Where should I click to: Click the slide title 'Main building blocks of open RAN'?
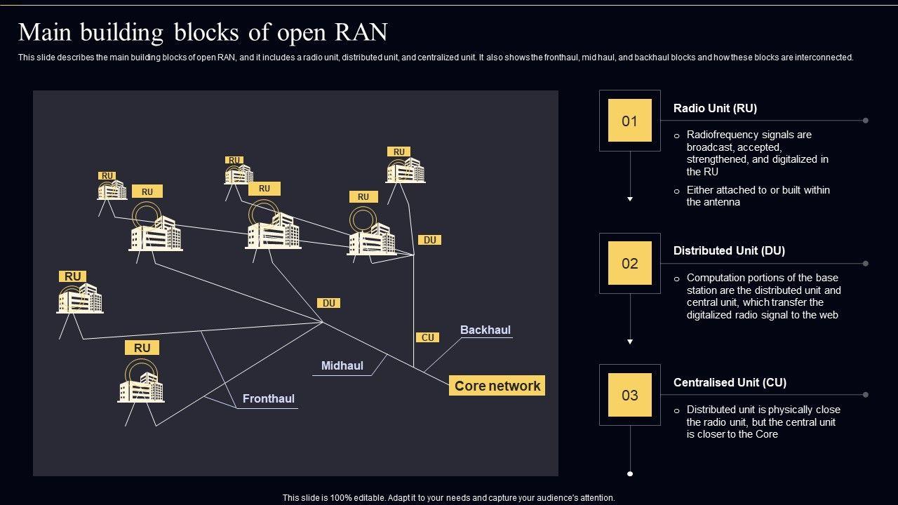[x=203, y=32]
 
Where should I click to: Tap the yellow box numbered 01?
[x=629, y=121]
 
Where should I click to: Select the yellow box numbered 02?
[x=629, y=263]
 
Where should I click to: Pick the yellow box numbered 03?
[x=629, y=395]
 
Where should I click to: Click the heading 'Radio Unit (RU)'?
[x=715, y=108]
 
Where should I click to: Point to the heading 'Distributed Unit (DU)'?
[x=729, y=250]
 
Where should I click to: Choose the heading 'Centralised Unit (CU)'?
[x=730, y=382]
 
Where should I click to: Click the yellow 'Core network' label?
[x=497, y=386]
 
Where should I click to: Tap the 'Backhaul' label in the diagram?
[x=485, y=330]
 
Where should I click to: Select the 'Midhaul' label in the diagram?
[x=342, y=365]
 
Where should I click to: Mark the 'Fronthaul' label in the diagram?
[x=269, y=398]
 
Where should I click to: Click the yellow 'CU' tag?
[x=428, y=337]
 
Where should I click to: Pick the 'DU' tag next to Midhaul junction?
[x=329, y=303]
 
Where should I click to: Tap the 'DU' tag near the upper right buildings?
[x=430, y=240]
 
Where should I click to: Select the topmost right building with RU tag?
[x=406, y=170]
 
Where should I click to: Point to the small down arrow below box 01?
[x=630, y=199]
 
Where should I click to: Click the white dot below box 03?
[x=630, y=474]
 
